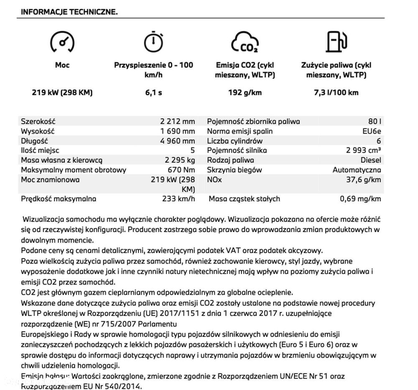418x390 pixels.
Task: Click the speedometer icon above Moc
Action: coord(62,42)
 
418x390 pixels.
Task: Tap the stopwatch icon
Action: coord(153,41)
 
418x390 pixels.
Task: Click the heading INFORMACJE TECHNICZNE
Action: coord(69,12)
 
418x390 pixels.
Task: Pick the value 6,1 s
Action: coord(153,92)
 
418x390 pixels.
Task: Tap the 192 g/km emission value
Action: coord(245,92)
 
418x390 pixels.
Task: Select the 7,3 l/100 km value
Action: coord(336,92)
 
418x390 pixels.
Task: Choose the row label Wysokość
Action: coord(38,131)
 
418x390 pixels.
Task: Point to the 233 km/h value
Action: coord(178,199)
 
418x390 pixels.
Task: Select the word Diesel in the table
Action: coord(370,160)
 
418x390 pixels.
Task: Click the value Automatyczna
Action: coord(357,170)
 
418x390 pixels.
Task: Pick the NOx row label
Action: coord(214,179)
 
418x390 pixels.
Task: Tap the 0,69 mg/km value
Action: coord(360,199)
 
